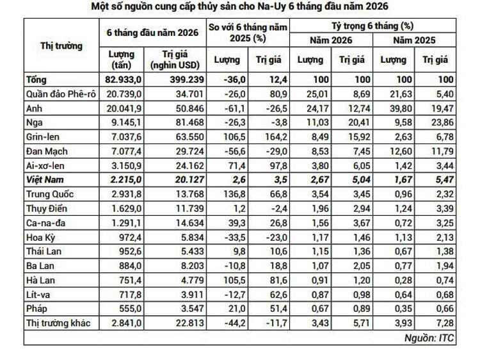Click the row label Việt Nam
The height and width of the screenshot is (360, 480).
click(45, 179)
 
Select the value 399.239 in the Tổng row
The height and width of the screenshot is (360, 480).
click(187, 79)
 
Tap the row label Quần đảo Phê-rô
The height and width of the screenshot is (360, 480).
click(61, 94)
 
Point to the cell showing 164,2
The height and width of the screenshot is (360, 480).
click(276, 137)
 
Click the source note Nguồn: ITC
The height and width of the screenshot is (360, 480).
click(429, 338)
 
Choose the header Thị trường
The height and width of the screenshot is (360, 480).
click(61, 45)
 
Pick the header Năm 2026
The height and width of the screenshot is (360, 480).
click(331, 40)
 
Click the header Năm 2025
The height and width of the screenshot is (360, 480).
click(414, 40)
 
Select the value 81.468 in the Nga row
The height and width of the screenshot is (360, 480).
click(190, 122)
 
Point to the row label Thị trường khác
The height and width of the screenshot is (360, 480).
click(58, 323)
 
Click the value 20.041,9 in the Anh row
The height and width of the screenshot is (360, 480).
click(124, 108)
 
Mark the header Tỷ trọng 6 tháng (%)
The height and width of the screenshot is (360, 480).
click(372, 26)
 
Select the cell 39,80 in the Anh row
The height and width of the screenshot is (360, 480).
click(401, 108)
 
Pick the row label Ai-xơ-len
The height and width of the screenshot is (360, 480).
click(45, 166)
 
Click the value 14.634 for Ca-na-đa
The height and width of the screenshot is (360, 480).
click(190, 223)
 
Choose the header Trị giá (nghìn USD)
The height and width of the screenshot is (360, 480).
click(175, 60)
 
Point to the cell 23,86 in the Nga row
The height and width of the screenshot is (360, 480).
click(443, 122)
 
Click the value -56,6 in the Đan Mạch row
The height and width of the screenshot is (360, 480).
click(235, 151)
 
